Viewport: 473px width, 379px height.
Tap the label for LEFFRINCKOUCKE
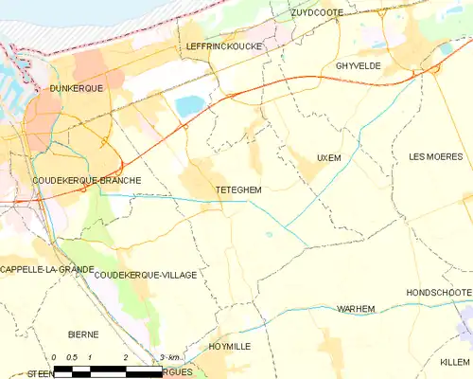point(225,45)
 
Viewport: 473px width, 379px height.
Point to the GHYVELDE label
point(358,65)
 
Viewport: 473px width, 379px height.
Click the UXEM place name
point(328,157)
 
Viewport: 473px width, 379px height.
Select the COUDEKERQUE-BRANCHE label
point(86,180)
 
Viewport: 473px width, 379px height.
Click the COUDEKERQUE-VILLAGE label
point(146,275)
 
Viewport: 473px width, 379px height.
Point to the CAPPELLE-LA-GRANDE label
point(46,269)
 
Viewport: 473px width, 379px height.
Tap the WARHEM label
point(356,309)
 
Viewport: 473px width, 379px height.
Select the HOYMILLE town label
point(229,347)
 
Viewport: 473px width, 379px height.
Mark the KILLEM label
point(453,362)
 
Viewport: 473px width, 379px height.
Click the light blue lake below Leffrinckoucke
point(188,104)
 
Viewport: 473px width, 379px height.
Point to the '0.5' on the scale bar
point(72,357)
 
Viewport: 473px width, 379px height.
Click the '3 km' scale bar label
point(170,357)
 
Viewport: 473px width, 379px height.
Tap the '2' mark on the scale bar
point(125,357)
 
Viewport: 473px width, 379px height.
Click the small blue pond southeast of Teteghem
point(270,235)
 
